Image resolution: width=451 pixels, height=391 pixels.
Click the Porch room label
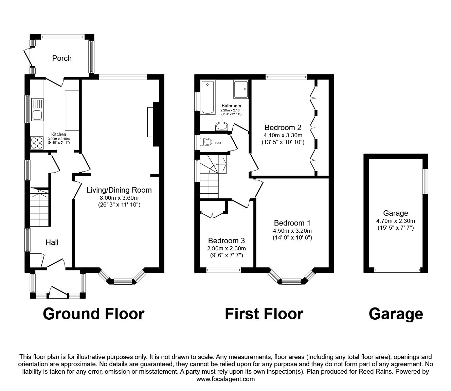coord(62,58)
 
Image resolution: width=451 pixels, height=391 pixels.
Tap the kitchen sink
coord(37,110)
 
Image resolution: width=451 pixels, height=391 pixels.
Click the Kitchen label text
coord(58,134)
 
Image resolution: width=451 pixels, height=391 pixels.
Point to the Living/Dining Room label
coord(119,190)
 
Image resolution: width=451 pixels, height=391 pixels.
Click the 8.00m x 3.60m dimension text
coord(119,198)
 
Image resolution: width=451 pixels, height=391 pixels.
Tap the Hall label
coord(52,242)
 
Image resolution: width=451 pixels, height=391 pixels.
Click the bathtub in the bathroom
coord(208,97)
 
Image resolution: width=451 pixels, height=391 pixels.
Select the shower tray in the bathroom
coord(241,89)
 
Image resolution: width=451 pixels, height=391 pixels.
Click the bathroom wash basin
coord(221,126)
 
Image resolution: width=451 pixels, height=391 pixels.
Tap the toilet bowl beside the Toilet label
coord(206,142)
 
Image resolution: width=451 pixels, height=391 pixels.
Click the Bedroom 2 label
coord(283,127)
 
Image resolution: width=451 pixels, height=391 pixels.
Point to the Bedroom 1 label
coord(292,223)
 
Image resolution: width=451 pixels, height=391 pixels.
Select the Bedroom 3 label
coord(227,241)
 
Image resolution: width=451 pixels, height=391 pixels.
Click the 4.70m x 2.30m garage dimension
coord(396,221)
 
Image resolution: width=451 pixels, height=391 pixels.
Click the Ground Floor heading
coord(94,314)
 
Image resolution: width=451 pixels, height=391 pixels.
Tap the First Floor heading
coord(264,314)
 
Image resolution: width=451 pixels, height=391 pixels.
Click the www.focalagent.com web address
coord(225,379)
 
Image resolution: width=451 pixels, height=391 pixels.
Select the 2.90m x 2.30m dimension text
coord(227,248)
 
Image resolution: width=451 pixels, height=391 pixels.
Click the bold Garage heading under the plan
coord(396,314)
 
